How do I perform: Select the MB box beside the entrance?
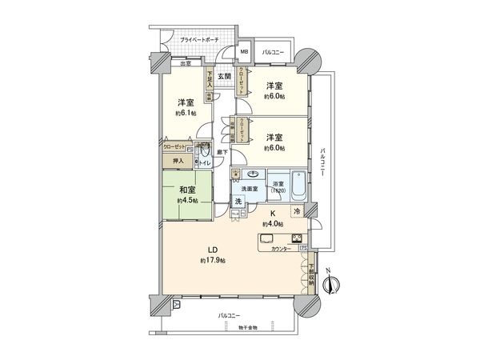coord(246,54)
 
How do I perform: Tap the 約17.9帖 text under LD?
coord(213,261)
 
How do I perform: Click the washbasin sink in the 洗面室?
coord(253,174)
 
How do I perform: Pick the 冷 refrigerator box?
coord(296,211)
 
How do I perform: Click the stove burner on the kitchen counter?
coord(296,237)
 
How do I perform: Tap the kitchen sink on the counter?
coord(268,238)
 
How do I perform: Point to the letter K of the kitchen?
coord(272,214)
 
